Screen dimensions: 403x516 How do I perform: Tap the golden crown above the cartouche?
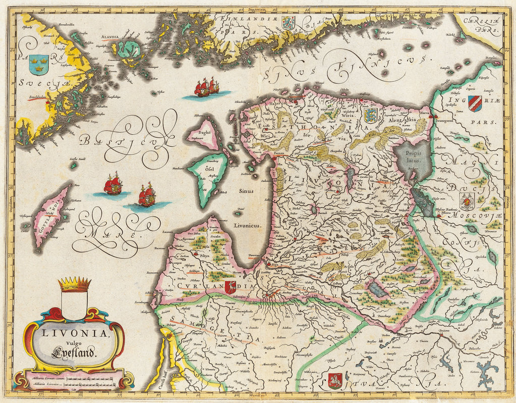[74, 284]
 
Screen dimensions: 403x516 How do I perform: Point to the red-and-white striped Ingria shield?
[475, 104]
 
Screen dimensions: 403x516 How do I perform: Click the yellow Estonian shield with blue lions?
[371, 114]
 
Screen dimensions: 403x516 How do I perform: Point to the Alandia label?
[108, 37]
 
